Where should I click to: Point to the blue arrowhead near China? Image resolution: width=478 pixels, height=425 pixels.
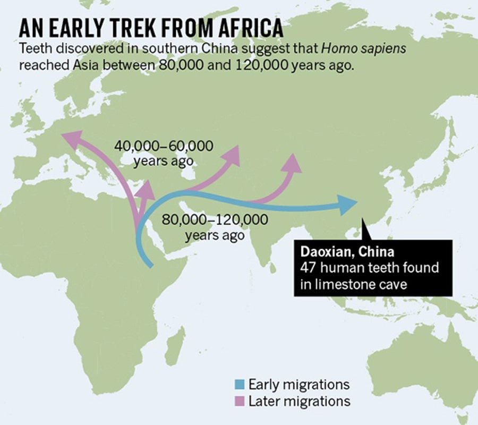[x=348, y=204]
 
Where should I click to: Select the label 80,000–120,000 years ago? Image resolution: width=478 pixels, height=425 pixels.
[x=215, y=227]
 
